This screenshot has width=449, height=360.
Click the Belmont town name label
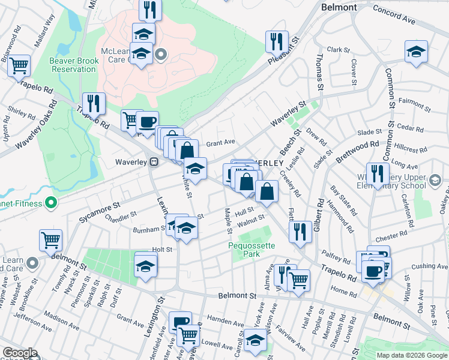point(339,7)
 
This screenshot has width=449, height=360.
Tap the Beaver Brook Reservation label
point(73,64)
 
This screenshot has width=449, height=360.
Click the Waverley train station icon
point(154,161)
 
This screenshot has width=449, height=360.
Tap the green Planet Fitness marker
point(50,203)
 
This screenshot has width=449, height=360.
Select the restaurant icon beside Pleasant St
point(277,41)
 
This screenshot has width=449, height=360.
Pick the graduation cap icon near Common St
point(415,51)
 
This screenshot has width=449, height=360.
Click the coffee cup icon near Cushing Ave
point(373,271)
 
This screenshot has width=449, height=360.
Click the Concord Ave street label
point(394,12)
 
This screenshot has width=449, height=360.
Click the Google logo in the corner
point(20,353)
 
